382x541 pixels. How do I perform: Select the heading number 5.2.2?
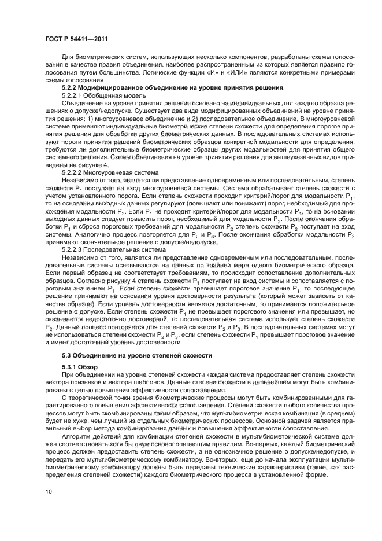(x=71, y=87)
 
